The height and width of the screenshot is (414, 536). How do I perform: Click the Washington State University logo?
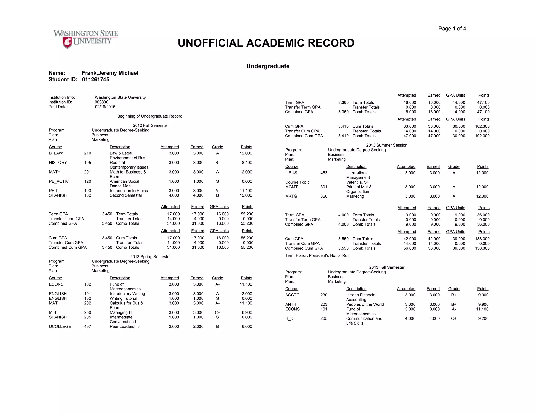pyautogui.click(x=86, y=39)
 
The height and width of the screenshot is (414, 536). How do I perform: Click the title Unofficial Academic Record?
pyautogui.click(x=266, y=43)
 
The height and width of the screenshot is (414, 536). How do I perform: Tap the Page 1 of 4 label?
pyautogui.click(x=452, y=29)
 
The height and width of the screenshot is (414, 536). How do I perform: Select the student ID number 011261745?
pyautogui.click(x=96, y=80)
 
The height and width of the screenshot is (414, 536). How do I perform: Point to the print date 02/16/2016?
pyautogui.click(x=105, y=107)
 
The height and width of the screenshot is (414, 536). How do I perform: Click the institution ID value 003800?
pyautogui.click(x=101, y=102)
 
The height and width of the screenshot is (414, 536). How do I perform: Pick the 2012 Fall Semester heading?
pyautogui.click(x=150, y=126)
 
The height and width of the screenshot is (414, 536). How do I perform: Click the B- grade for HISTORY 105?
pyautogui.click(x=217, y=163)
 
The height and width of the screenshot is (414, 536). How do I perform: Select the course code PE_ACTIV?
pyautogui.click(x=59, y=181)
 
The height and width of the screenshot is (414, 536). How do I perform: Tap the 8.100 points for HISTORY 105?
pyautogui.click(x=247, y=163)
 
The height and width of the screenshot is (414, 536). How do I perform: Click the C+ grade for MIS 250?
pyautogui.click(x=217, y=312)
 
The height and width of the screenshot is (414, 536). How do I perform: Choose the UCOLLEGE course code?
pyautogui.click(x=60, y=327)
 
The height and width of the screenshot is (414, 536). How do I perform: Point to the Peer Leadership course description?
pyautogui.click(x=125, y=327)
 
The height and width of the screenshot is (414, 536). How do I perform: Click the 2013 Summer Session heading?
pyautogui.click(x=387, y=145)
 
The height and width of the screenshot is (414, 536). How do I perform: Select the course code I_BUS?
pyautogui.click(x=291, y=173)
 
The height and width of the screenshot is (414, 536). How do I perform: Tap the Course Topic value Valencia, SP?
pyautogui.click(x=358, y=182)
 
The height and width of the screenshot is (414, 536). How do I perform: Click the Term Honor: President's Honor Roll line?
pyautogui.click(x=317, y=256)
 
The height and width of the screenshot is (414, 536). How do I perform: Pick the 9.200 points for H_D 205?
pyautogui.click(x=483, y=319)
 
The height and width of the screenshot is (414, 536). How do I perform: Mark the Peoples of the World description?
pyautogui.click(x=365, y=305)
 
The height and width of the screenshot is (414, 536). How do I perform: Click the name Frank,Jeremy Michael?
pyautogui.click(x=110, y=73)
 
